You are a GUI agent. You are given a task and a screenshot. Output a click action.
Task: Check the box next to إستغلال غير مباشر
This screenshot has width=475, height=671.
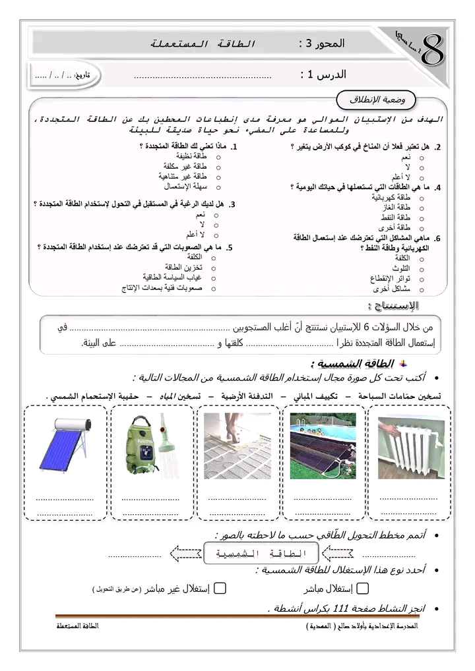click(x=221, y=589)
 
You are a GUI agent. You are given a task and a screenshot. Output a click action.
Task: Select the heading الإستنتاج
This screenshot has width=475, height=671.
click(x=395, y=306)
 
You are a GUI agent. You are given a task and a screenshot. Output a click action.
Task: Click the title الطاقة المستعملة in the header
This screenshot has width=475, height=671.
click(x=202, y=44)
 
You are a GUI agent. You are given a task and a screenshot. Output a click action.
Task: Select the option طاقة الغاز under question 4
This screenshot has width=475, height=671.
click(x=396, y=207)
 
